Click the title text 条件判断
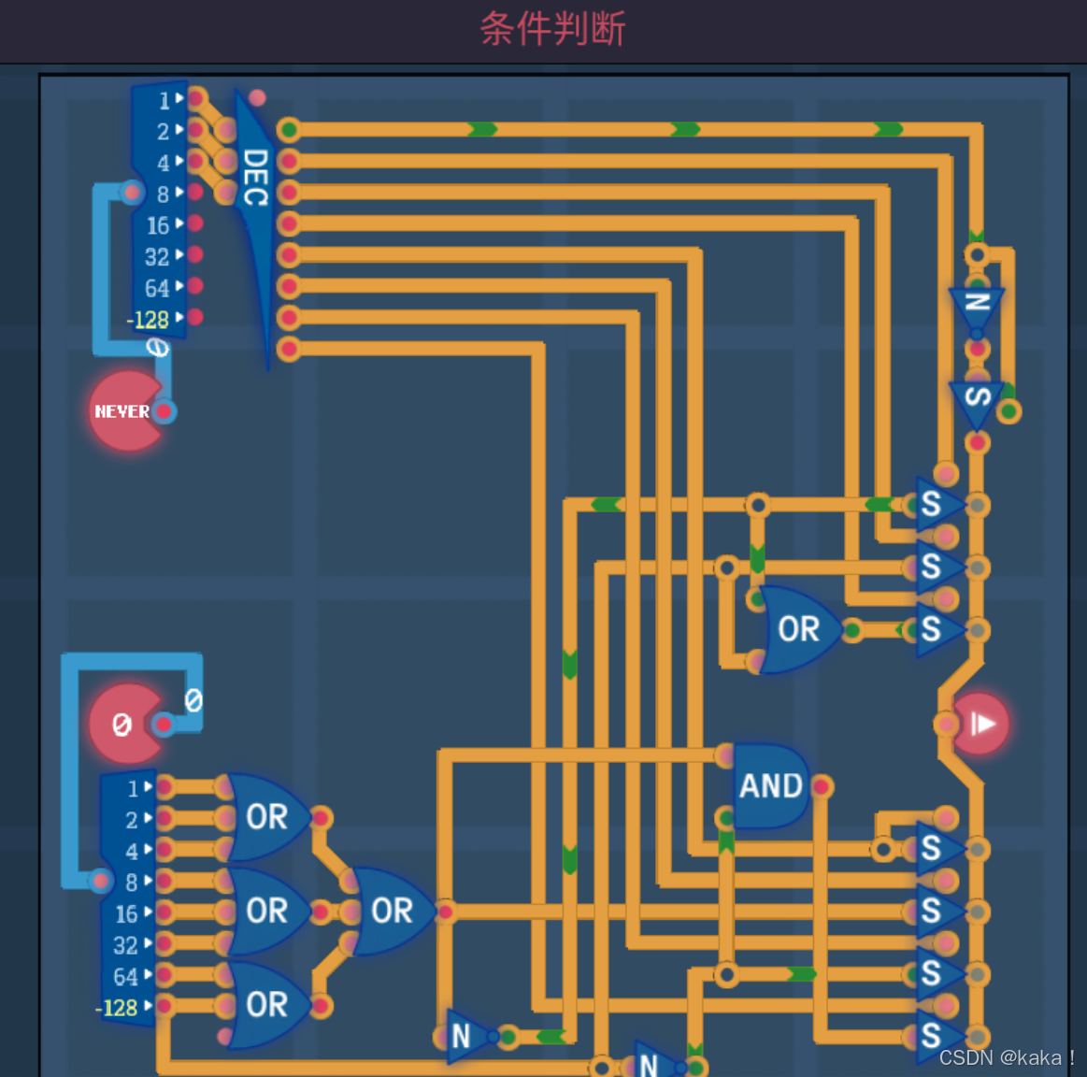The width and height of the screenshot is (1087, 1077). (x=552, y=29)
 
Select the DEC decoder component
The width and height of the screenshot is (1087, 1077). (x=255, y=178)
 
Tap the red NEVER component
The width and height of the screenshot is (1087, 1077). (x=125, y=411)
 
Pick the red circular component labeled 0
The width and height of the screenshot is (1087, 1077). (x=125, y=724)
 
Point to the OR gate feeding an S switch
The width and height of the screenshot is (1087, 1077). (x=797, y=629)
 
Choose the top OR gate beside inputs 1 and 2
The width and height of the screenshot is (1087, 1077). (x=265, y=817)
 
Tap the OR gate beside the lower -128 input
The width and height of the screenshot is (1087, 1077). (x=265, y=1004)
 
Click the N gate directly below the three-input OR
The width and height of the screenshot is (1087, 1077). (x=462, y=1036)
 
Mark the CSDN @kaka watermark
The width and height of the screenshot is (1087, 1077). (x=1006, y=1057)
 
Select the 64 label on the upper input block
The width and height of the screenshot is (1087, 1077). (x=156, y=288)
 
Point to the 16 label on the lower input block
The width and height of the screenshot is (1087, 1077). (x=126, y=913)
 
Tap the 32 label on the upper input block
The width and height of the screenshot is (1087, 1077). (x=156, y=257)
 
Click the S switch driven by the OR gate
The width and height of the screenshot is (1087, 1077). (x=932, y=629)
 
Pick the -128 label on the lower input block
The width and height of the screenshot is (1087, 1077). (x=117, y=1008)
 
